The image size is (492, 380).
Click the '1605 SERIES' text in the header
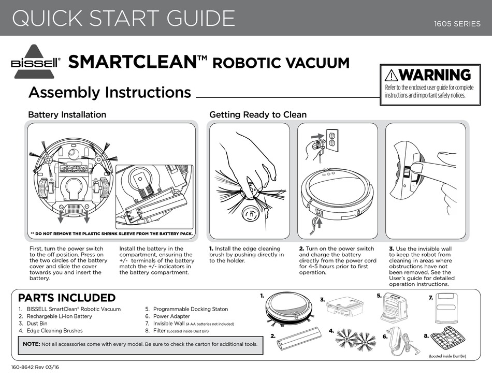pos(457,24)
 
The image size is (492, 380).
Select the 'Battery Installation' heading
pos(67,114)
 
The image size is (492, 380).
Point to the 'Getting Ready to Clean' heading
pos(258,114)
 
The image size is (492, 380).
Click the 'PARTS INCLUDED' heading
pos(67,298)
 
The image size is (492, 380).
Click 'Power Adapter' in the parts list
pos(171,316)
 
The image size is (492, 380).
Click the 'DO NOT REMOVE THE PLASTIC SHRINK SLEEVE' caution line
pos(111,233)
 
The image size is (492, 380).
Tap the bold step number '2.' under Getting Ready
pos(301,249)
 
